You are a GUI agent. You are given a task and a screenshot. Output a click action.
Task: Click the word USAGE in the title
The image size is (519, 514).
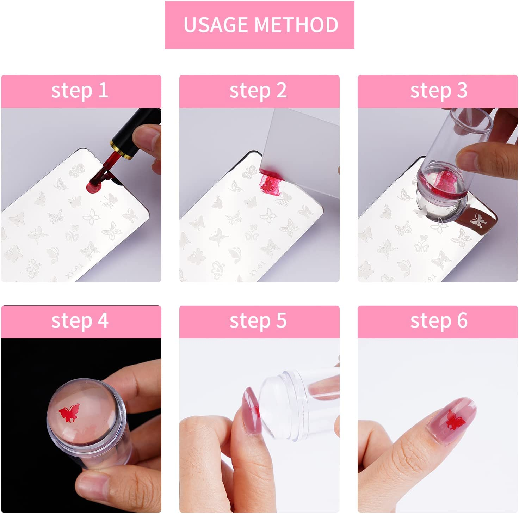click(216, 25)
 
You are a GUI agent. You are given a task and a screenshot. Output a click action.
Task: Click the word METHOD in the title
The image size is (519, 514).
click(296, 25)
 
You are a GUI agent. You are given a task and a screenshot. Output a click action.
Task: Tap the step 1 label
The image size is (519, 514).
click(80, 91)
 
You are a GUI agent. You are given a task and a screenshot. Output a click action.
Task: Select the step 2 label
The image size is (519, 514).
click(258, 91)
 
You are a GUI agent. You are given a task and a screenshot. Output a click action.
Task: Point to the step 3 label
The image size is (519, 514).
click(439, 91)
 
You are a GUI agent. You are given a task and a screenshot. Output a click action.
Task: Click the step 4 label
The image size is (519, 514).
click(80, 321)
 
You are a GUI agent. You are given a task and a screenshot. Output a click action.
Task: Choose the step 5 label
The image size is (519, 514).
click(258, 321)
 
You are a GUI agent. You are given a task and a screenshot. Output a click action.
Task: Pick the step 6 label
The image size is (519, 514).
click(439, 321)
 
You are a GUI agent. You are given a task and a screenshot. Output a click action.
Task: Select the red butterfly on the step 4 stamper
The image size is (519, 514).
click(69, 413)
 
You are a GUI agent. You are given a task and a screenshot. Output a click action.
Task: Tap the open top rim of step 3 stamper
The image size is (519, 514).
click(470, 118)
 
